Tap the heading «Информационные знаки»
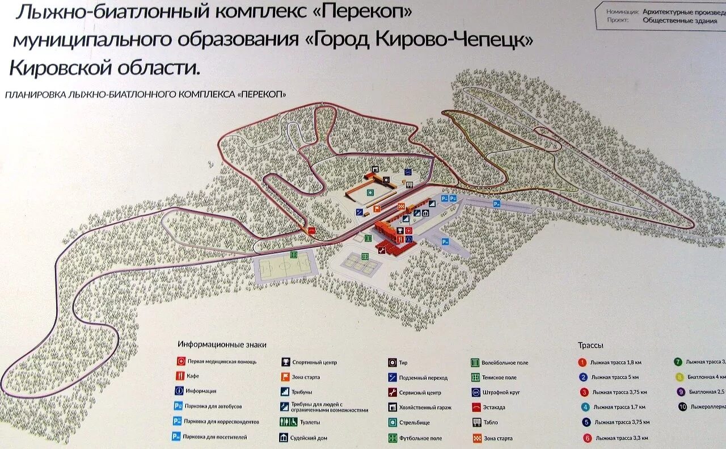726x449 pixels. [222, 345]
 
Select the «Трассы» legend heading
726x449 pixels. [590, 345]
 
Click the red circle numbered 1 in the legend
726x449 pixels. [583, 362]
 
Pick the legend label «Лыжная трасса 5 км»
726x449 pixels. [614, 377]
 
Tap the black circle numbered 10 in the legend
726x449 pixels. [682, 406]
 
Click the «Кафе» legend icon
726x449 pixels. [180, 376]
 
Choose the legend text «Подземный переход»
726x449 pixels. [423, 377]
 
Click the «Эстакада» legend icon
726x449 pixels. [476, 408]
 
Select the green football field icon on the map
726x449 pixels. [294, 254]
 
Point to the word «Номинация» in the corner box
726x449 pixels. [622, 11]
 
